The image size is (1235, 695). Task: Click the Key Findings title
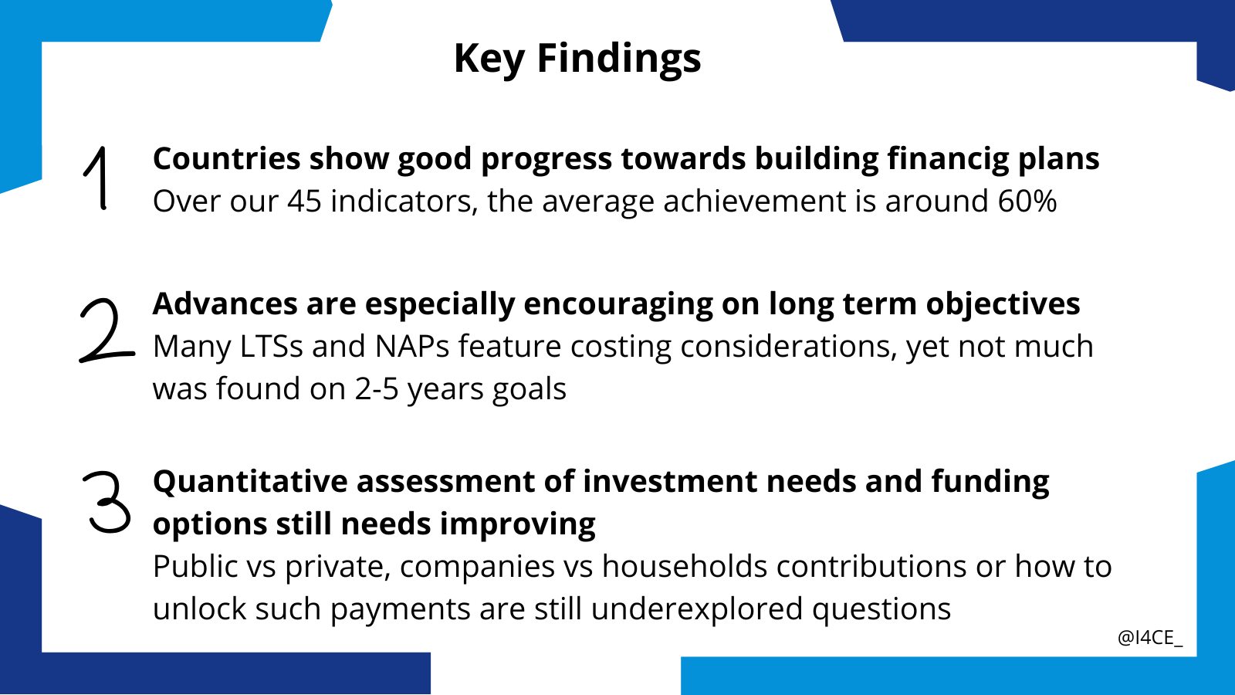pos(577,59)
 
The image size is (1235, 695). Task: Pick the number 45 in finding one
pos(304,201)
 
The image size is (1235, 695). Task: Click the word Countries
pos(227,159)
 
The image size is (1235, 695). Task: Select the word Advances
pos(225,304)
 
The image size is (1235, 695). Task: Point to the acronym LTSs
pos(272,347)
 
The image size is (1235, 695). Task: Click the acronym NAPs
pos(412,347)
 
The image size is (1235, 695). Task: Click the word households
pos(684,567)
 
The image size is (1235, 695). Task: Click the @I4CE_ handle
pos(1150,638)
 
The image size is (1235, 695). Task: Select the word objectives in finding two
pos(1003,305)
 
